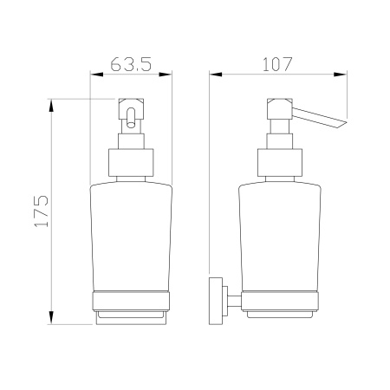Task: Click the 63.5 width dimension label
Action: point(133,64)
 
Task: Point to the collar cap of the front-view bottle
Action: point(131,163)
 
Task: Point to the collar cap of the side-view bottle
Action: point(279,163)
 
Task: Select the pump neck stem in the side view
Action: point(279,138)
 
